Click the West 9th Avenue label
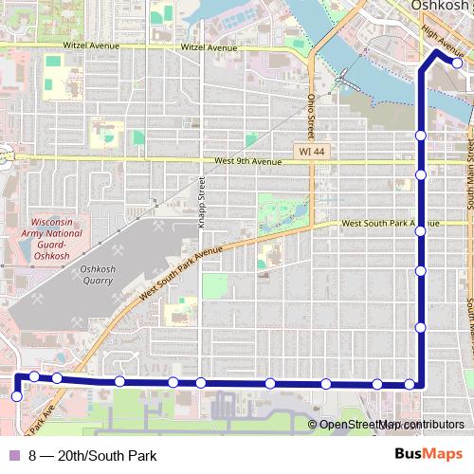(248, 162)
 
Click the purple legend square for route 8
(13, 456)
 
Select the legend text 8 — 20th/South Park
(92, 456)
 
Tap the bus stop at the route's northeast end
(457, 64)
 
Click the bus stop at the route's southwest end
(16, 396)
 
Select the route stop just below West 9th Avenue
(420, 174)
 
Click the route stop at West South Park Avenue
(420, 230)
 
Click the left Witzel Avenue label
(95, 46)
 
